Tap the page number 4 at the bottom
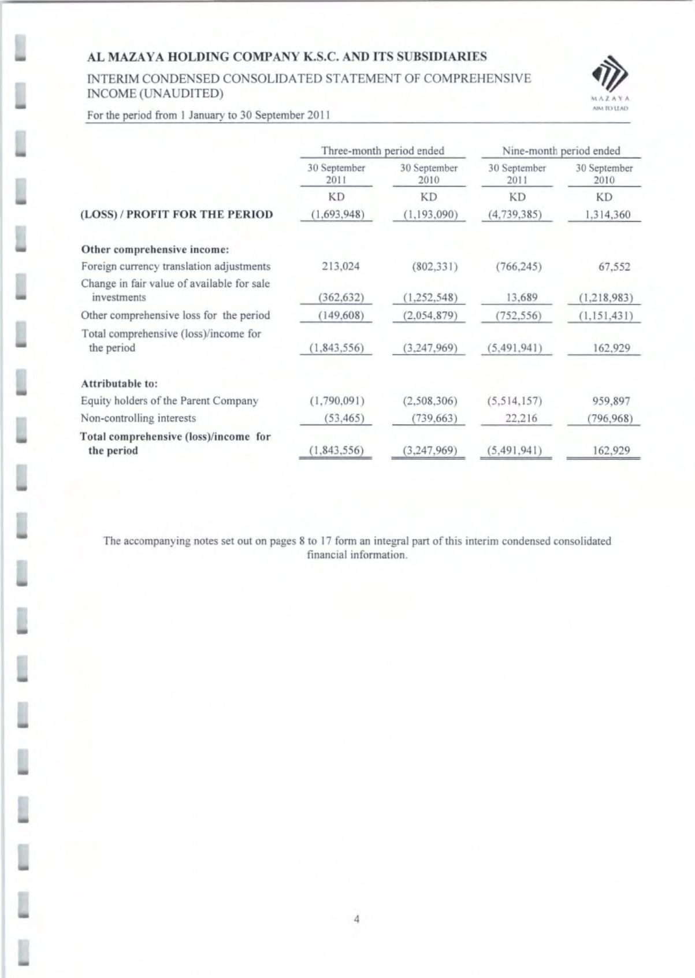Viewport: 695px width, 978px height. [356, 918]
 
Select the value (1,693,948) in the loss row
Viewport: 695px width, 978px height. [338, 214]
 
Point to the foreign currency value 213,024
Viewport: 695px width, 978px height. [338, 266]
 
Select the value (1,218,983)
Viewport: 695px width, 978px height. [605, 298]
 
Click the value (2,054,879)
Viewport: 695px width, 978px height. [430, 315]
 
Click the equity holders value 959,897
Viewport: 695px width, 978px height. [611, 400]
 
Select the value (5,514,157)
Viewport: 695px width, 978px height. [514, 400]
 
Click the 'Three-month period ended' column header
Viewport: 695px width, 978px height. [382, 151]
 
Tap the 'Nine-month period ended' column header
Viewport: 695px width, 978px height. [561, 151]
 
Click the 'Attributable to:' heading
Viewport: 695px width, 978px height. [120, 383]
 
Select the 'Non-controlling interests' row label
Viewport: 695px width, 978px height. [139, 418]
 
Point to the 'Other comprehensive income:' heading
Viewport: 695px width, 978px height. [155, 250]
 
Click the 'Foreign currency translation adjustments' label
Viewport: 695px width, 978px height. [176, 266]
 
